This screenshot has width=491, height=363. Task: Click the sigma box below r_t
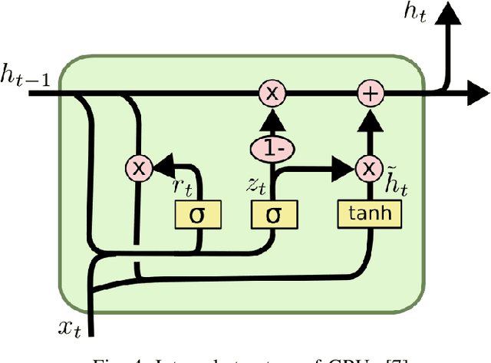[x=199, y=215]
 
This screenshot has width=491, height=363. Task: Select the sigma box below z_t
[x=272, y=215]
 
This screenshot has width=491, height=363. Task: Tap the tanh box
[x=370, y=213]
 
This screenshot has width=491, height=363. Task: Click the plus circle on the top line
[x=370, y=94]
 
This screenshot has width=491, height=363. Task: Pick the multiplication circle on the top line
[x=272, y=94]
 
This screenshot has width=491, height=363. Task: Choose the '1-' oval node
[x=272, y=147]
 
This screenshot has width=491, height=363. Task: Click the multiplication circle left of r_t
[x=140, y=168]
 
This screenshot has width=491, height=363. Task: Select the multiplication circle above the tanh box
[x=370, y=168]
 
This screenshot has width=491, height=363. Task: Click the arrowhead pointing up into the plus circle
[x=370, y=117]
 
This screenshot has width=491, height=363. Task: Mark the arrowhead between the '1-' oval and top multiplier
[x=272, y=118]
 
